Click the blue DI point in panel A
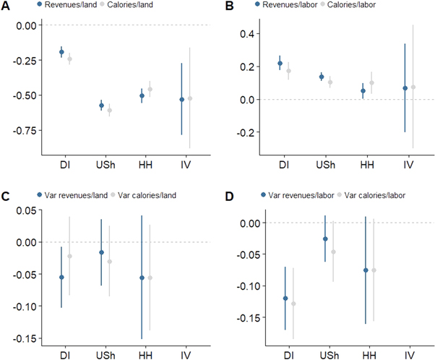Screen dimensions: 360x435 point(61,52)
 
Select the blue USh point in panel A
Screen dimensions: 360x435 point(102,106)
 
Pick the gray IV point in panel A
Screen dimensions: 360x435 point(190,98)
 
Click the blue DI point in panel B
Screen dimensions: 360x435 point(280,64)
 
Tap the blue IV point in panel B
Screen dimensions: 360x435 point(405,88)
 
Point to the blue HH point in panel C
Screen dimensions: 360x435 point(142,278)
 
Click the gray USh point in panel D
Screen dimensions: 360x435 point(333,252)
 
